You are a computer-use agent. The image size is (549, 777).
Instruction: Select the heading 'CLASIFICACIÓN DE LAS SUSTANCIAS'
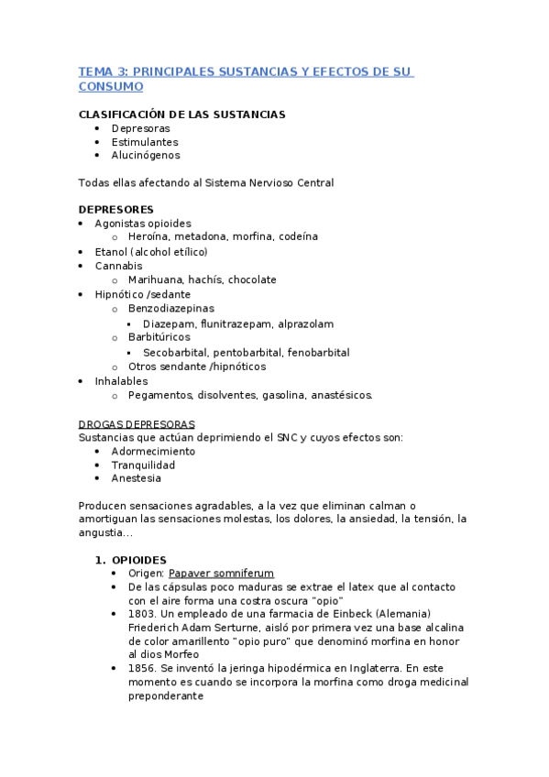[x=181, y=115]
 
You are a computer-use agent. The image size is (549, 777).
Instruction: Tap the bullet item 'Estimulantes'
[x=145, y=142]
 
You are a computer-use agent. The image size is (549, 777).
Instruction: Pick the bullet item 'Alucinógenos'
[x=146, y=155]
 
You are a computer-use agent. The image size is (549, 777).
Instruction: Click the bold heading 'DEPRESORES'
[x=116, y=209]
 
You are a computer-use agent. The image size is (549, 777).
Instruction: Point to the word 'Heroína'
[x=148, y=236]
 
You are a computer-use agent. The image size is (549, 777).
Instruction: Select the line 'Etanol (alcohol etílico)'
[x=151, y=251]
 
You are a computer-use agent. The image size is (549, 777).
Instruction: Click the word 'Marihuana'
[x=156, y=279]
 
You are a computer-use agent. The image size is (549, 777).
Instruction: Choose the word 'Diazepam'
[x=170, y=323]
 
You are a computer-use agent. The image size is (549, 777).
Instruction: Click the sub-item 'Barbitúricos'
[x=159, y=337]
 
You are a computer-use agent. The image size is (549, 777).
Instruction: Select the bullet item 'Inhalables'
[x=121, y=381]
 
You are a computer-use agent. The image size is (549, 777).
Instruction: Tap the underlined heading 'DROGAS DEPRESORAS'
[x=137, y=424]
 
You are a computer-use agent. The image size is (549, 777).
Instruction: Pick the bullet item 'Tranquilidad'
[x=143, y=465]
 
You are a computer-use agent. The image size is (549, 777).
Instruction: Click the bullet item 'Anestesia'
[x=137, y=478]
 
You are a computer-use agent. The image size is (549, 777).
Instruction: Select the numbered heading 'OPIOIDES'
[x=138, y=560]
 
